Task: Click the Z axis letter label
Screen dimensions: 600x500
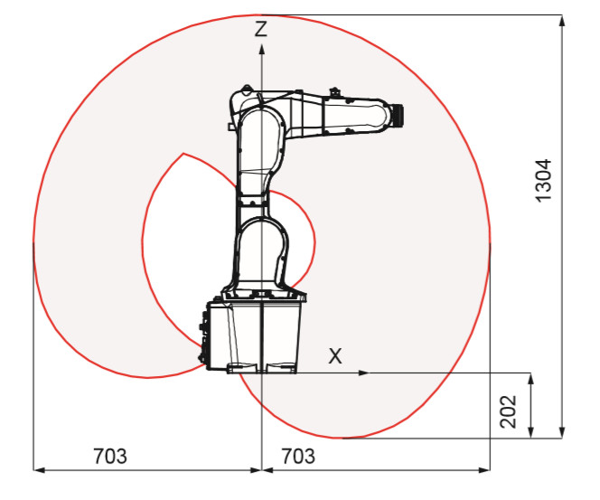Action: pos(261,29)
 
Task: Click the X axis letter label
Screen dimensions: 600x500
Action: pos(335,355)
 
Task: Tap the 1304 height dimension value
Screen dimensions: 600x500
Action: pos(544,180)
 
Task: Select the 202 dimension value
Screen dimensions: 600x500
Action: pos(509,411)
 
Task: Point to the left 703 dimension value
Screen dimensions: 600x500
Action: pos(110,456)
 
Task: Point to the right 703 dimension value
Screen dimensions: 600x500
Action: pos(298,456)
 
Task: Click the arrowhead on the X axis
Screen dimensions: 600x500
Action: pos(362,373)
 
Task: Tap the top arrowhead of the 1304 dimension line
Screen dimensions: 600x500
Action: pos(562,21)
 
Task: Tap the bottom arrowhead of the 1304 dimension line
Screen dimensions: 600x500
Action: pos(562,432)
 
